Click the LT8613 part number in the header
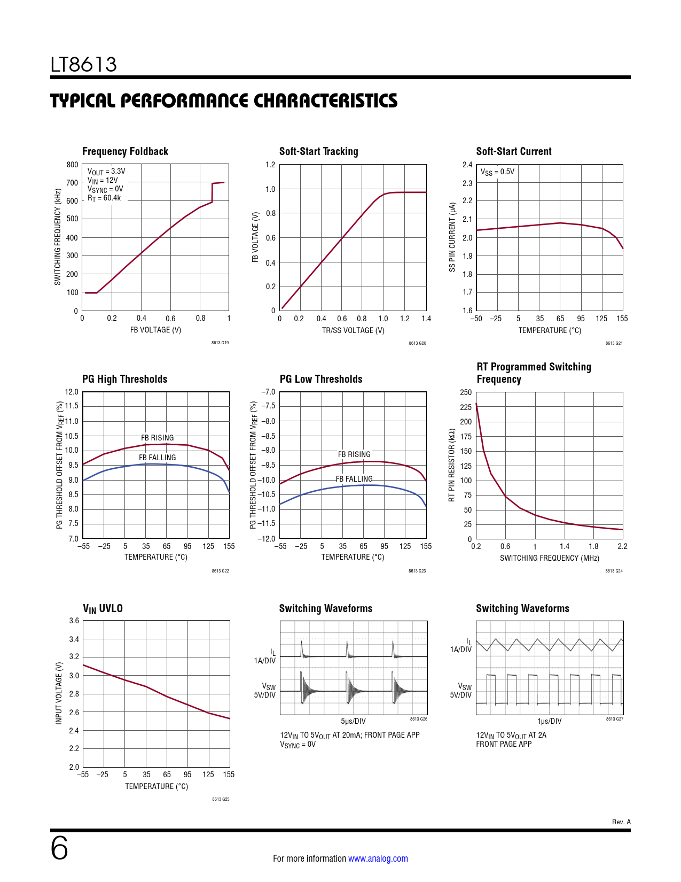coord(84,65)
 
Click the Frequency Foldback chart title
coord(125,151)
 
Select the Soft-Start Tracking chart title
coord(318,151)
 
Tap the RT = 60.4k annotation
coord(104,198)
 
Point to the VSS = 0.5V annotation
coord(497,172)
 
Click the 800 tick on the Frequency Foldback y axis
coord(72,165)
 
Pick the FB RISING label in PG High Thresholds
coord(157,438)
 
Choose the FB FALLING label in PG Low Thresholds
coord(354,479)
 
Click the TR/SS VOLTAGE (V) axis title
coord(353,330)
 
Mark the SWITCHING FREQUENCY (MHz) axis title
coord(549,558)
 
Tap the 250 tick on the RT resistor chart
coord(466,392)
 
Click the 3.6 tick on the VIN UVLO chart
coord(74,621)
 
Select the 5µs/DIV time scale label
coord(353,721)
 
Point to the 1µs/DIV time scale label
coord(549,721)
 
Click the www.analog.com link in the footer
coord(378,858)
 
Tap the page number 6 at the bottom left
coord(59,848)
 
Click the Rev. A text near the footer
coord(621,822)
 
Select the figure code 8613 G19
coord(220,343)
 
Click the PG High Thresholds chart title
coord(124,379)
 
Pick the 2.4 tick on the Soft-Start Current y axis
coord(467,165)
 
